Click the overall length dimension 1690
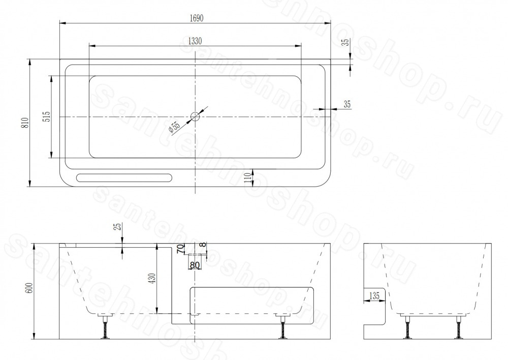click(196, 18)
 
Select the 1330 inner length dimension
click(195, 41)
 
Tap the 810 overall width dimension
click(26, 123)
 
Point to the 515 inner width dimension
click(47, 116)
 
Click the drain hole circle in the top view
click(195, 116)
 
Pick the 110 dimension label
click(248, 178)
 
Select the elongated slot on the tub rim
click(124, 177)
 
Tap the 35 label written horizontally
click(347, 104)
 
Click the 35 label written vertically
click(346, 42)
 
